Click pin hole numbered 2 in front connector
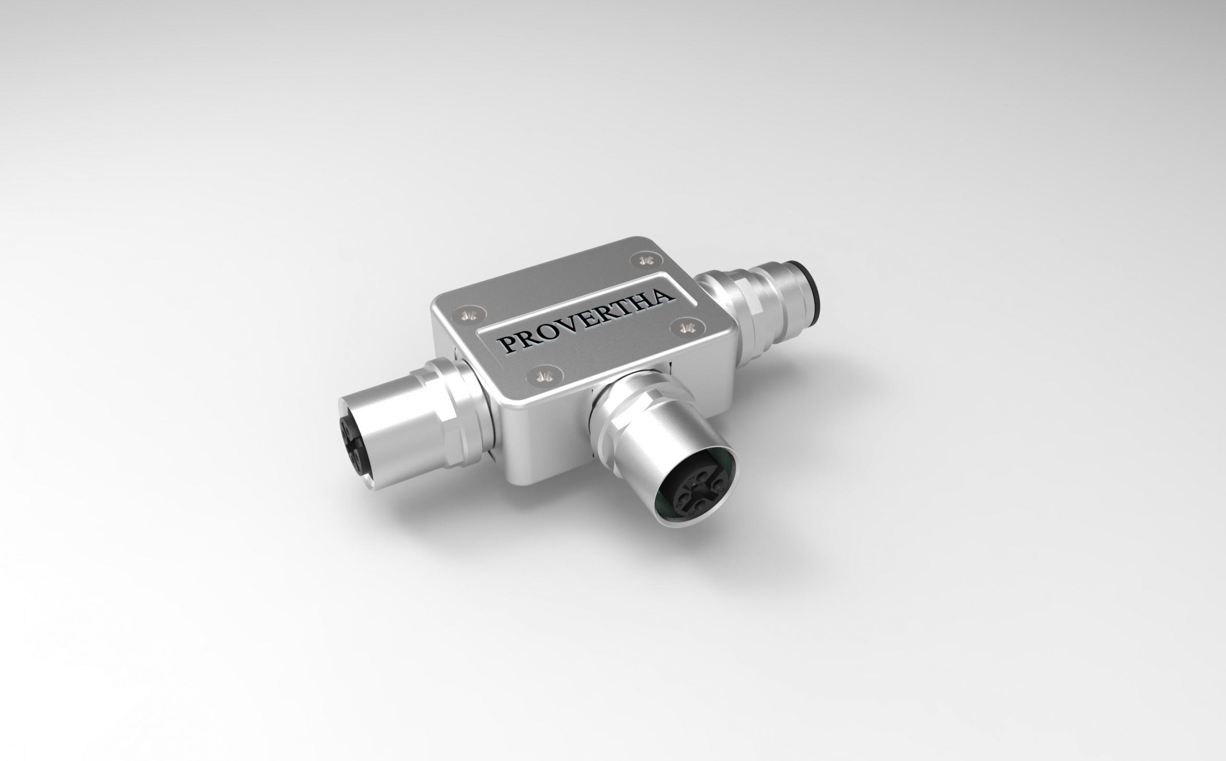click(718, 485)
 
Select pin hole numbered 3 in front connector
click(701, 506)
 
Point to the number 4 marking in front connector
click(679, 506)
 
